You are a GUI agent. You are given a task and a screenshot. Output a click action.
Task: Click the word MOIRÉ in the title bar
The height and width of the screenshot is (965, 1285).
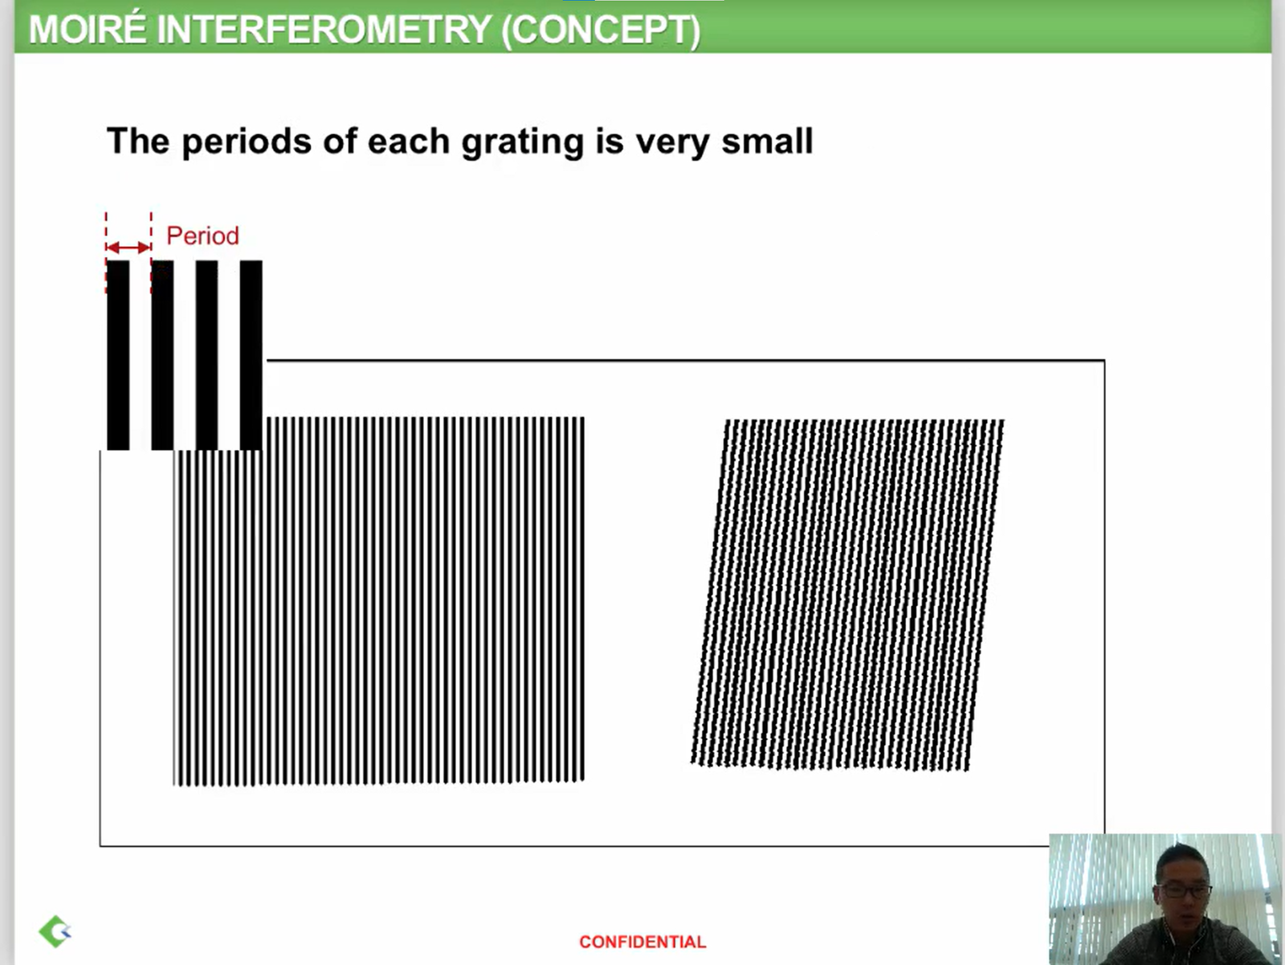(x=88, y=29)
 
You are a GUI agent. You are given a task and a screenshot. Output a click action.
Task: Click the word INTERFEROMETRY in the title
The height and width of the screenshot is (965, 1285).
(x=324, y=29)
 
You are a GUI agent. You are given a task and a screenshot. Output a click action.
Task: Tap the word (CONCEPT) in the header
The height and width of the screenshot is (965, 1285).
(x=602, y=30)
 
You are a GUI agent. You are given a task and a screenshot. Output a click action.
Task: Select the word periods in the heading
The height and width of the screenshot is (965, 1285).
(x=247, y=141)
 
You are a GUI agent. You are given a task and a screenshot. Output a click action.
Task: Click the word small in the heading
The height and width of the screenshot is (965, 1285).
(x=768, y=141)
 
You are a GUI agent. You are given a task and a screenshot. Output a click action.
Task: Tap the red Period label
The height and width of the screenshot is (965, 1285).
(x=202, y=236)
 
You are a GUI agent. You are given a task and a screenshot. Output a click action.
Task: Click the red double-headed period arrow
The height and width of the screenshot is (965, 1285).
(x=128, y=247)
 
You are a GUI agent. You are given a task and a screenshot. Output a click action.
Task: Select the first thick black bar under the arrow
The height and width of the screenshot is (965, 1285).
(x=118, y=355)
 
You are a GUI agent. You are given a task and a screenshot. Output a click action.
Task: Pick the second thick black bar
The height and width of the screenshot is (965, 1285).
(x=162, y=355)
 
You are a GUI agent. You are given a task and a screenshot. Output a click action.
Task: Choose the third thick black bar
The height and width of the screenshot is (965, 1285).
(x=206, y=355)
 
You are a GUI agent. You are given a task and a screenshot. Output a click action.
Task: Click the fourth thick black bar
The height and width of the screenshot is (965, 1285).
(x=251, y=355)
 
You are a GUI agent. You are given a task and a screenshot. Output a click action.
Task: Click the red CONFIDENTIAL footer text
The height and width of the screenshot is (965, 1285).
(x=642, y=943)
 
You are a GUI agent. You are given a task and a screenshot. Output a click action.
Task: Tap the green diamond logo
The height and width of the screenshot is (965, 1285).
(x=55, y=931)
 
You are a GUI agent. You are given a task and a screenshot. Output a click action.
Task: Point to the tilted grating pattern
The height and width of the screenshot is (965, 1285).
(x=847, y=595)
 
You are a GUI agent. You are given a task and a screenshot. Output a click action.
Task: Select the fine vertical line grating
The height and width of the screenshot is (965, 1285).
(x=379, y=601)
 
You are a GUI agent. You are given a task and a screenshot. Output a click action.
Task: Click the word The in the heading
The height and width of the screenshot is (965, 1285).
(x=138, y=141)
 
